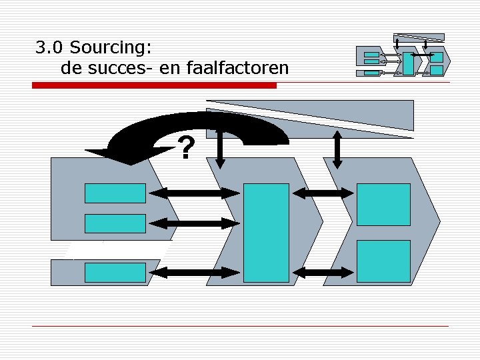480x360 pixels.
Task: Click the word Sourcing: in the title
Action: click(111, 48)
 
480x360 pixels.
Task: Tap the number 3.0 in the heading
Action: click(50, 48)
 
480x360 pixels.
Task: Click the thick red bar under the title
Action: click(155, 86)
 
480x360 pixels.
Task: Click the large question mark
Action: click(187, 148)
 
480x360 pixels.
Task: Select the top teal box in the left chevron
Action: click(115, 193)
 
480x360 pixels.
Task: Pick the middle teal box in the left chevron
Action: click(115, 223)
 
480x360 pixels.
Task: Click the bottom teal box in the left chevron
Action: click(115, 272)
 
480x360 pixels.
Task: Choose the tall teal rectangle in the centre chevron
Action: click(266, 233)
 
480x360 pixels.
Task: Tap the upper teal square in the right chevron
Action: click(383, 204)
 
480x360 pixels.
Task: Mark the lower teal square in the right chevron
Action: click(383, 261)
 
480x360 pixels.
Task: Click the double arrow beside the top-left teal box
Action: click(194, 193)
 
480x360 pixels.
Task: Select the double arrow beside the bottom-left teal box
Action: click(194, 272)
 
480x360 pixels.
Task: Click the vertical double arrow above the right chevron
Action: click(337, 149)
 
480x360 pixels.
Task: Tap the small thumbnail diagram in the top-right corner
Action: click(403, 56)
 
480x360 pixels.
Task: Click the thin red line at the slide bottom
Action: click(240, 325)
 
